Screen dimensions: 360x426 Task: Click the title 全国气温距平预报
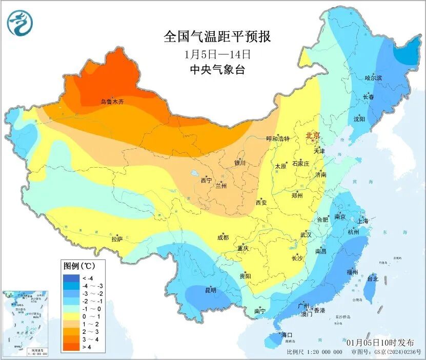pyautogui.click(x=217, y=36)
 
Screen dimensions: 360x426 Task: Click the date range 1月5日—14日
pyautogui.click(x=217, y=54)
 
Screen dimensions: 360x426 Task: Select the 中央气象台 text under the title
pyautogui.click(x=217, y=70)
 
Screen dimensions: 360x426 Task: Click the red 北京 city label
pyautogui.click(x=313, y=136)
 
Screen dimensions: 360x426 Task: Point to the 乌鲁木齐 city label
pyautogui.click(x=112, y=102)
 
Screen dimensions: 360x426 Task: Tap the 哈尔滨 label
pyautogui.click(x=373, y=78)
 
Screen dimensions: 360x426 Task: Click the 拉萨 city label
pyautogui.click(x=117, y=238)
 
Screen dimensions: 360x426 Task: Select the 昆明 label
pyautogui.click(x=210, y=290)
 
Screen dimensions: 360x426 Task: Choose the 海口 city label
pyautogui.click(x=287, y=335)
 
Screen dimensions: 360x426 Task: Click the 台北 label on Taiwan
pyautogui.click(x=372, y=279)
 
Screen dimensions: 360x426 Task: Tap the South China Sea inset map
pyautogui.click(x=25, y=323)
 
